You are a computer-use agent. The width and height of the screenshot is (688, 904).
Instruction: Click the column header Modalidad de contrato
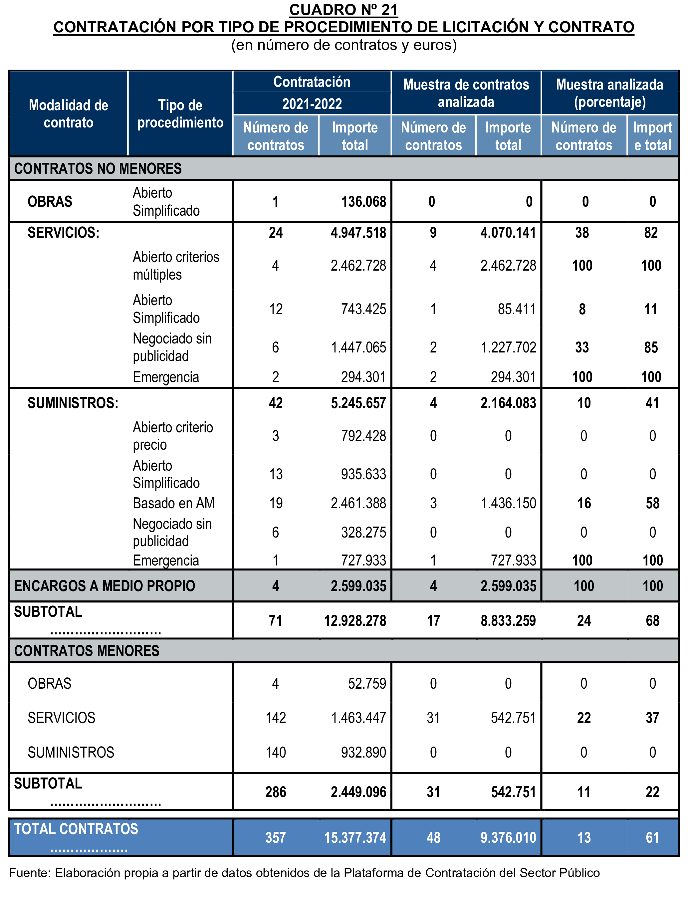[68, 114]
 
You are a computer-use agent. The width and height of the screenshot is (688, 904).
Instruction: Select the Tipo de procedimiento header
[180, 114]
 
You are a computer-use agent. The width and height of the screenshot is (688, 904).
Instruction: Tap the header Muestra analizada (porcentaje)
[609, 93]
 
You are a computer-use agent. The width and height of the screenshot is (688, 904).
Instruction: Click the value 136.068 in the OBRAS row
[364, 201]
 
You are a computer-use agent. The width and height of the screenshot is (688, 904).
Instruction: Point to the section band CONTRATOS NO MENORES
[98, 169]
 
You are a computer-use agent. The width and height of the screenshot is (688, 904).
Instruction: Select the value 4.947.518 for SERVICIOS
[358, 233]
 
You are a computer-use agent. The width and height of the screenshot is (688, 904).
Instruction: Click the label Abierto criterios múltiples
[176, 265]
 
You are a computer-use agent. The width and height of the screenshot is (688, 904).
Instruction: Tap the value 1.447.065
[358, 347]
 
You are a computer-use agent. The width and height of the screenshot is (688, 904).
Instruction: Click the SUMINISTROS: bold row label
[73, 403]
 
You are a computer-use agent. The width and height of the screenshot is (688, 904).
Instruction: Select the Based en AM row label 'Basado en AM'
[174, 503]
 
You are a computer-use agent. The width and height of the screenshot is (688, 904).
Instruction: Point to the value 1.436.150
[508, 503]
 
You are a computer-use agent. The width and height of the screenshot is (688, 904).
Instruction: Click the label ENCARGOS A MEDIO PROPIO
[105, 586]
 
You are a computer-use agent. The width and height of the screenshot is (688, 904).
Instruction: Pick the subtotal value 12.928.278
[355, 621]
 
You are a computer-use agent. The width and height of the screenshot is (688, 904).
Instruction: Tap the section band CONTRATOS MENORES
[87, 651]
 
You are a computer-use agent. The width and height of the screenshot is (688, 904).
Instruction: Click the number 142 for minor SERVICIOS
[276, 718]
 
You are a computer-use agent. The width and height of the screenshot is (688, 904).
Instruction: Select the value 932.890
[364, 752]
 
